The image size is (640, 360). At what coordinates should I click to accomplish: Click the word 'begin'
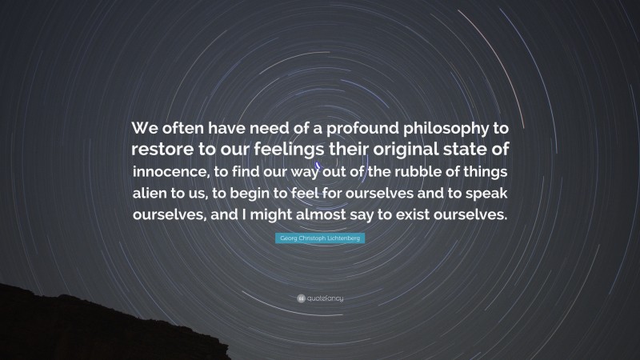tap(269, 197)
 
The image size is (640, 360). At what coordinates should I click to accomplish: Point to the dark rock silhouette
tap(48, 328)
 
